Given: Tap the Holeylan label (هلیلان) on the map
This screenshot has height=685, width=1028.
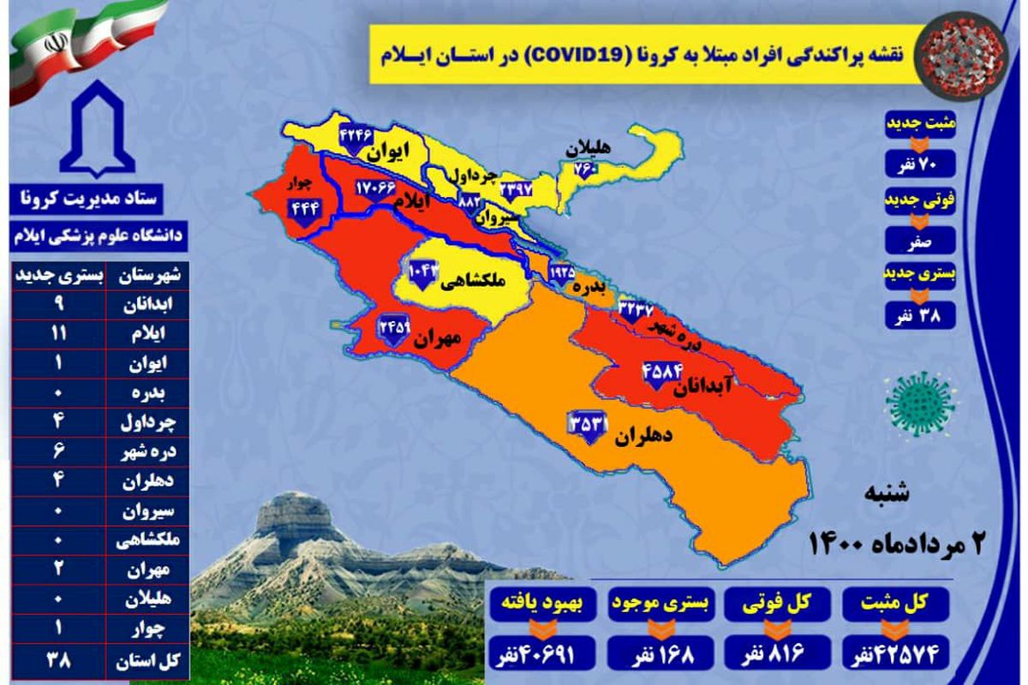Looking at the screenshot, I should point(588,148).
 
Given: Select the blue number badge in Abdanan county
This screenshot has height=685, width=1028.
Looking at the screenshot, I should point(660,373).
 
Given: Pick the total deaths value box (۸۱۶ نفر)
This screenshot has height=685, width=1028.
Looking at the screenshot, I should point(774,655).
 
